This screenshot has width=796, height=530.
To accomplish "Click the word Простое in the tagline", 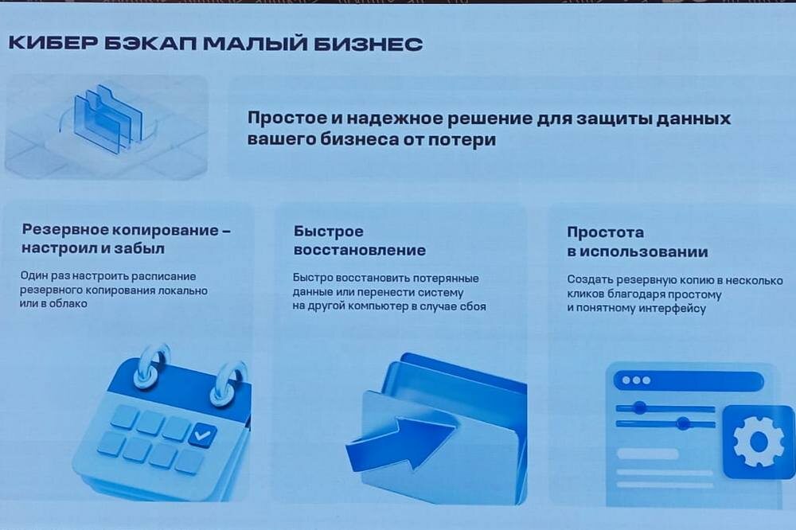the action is pos(287,119).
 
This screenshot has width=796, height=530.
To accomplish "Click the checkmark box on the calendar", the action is pos(202,435).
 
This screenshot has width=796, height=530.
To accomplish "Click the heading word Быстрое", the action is pos(329,232).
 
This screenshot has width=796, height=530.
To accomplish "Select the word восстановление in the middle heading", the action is pos(360,250).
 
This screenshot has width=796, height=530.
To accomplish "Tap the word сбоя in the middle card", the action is pos(473,306).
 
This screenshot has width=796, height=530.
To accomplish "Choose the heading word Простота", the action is pos(606,233).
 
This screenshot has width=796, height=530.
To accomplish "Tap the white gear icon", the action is pos(758,441).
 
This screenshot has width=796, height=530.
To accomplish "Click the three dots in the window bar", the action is pos(636,380).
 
